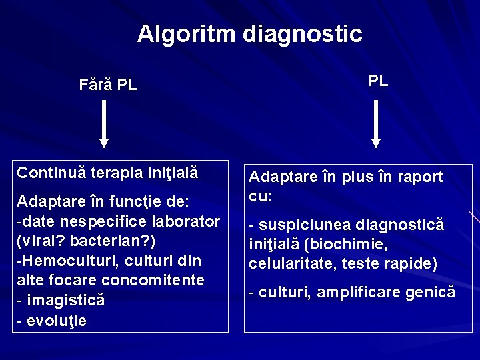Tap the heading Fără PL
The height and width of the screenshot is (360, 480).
pyautogui.click(x=107, y=85)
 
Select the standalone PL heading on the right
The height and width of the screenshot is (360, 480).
pyautogui.click(x=378, y=81)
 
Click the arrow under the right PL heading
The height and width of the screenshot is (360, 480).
pyautogui.click(x=376, y=123)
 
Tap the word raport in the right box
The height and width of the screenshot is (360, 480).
pyautogui.click(x=420, y=177)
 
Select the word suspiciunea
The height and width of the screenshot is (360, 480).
pyautogui.click(x=304, y=225)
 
